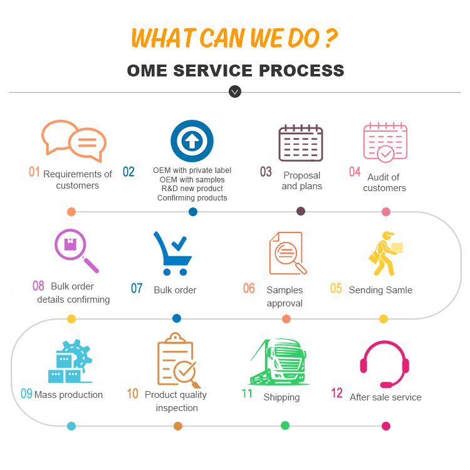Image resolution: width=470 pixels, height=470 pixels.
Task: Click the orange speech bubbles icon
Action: pos(73,140)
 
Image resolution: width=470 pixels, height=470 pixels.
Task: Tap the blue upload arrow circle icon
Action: pos(192,141)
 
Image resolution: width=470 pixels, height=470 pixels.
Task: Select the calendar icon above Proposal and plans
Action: pos(301,144)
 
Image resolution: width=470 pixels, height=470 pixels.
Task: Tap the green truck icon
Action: pos(279,363)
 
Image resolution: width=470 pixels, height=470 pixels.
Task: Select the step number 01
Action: pos(34,172)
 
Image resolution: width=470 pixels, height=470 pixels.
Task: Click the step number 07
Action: pos(137,288)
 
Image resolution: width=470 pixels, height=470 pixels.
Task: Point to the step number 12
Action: pos(337,394)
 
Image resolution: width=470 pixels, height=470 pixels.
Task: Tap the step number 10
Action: pos(132,394)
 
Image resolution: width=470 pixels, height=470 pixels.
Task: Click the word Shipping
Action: pos(281,397)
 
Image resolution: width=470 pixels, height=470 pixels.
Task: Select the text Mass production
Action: pos(68,395)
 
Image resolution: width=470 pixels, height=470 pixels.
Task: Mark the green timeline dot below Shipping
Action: pos(285,426)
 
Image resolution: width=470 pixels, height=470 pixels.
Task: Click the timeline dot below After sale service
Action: pos(386,426)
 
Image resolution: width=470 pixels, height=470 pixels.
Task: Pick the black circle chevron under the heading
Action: pos(235,92)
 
